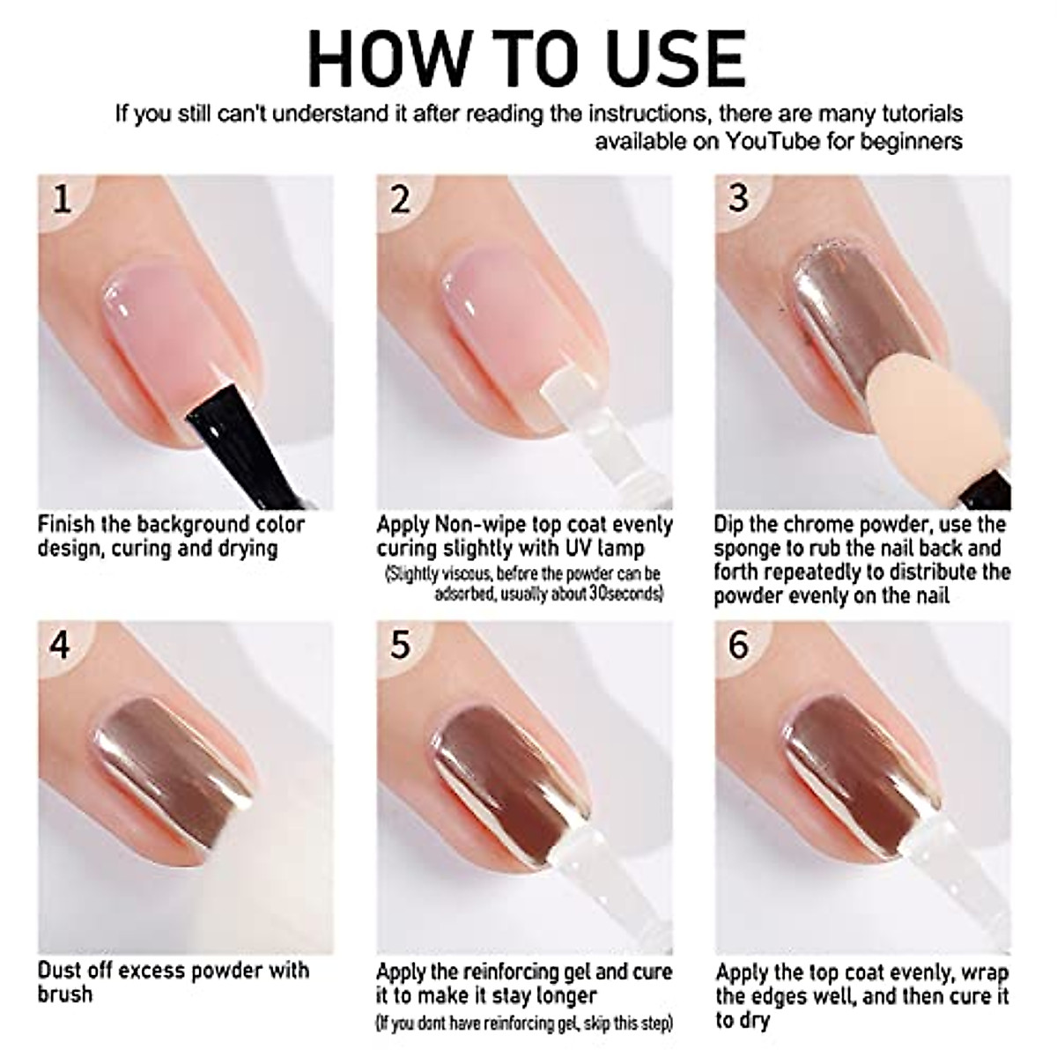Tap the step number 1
(62, 200)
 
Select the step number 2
(401, 200)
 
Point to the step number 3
(738, 198)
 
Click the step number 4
(61, 646)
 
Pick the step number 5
(401, 646)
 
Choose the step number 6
(738, 646)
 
